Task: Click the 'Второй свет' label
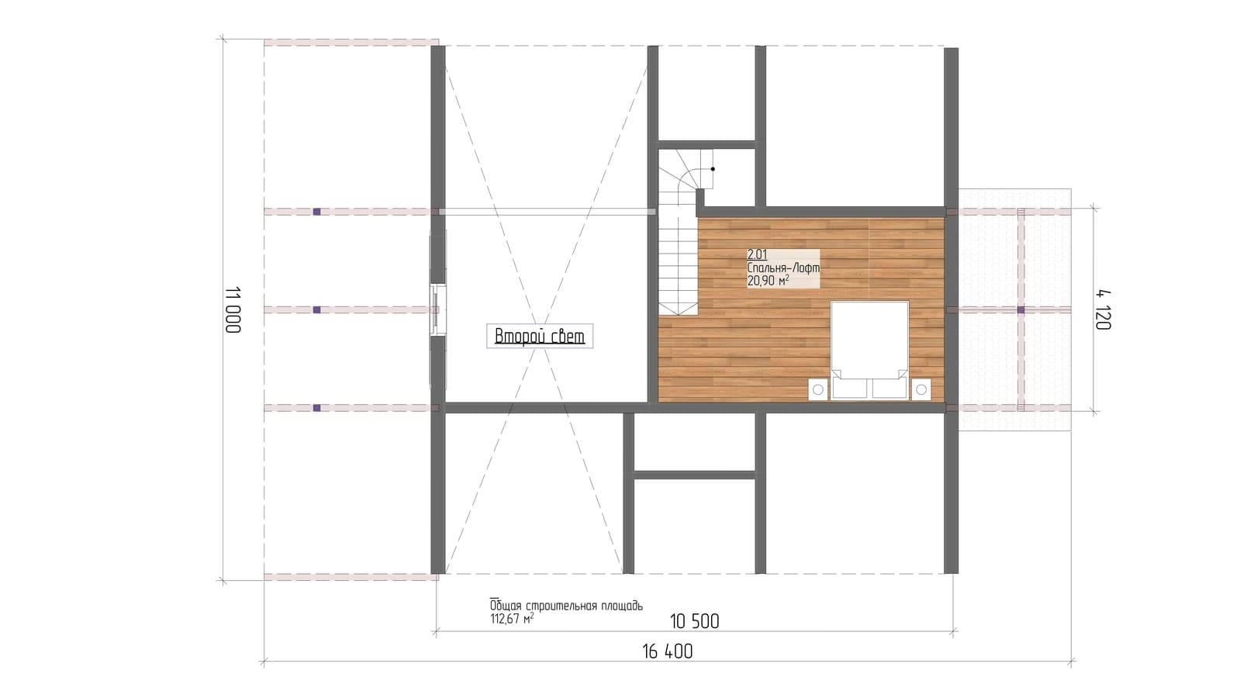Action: [540, 336]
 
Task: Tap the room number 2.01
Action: [757, 254]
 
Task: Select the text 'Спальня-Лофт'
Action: [783, 268]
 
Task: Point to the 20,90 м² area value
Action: [768, 282]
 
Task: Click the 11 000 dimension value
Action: [233, 309]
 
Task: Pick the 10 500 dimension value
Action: [695, 622]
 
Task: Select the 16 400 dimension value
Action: [667, 651]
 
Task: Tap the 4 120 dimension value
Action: [1103, 310]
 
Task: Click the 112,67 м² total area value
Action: [512, 618]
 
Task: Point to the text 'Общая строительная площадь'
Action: [566, 606]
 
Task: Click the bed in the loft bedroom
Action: [869, 350]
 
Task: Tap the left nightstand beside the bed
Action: [817, 389]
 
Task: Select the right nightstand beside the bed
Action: [921, 389]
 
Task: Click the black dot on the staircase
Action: [713, 169]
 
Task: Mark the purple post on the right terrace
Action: [1021, 310]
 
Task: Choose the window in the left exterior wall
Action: [438, 309]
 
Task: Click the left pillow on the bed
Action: [850, 388]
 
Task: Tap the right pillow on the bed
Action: [889, 388]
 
